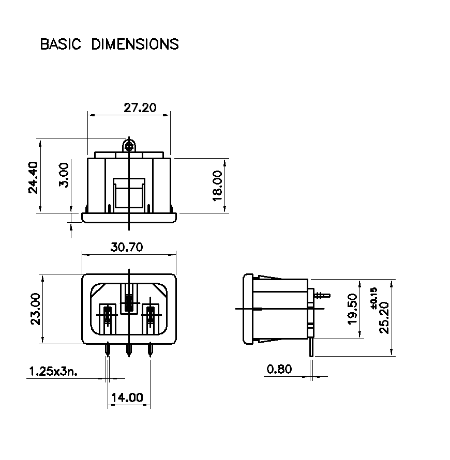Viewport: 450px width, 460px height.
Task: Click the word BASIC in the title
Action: point(61,44)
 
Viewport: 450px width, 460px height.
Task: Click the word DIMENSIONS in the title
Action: point(135,44)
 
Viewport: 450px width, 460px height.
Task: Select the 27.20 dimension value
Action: point(140,108)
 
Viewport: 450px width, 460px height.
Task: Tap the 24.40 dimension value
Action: point(33,177)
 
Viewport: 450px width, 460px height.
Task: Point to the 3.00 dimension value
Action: point(64,175)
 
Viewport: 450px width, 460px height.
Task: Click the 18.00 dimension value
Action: point(218,186)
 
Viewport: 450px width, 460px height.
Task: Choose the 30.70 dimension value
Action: point(127,247)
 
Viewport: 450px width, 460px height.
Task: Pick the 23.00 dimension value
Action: point(36,309)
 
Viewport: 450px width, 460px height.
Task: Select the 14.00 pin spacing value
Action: point(127,398)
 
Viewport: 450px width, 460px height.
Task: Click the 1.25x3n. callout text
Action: point(53,372)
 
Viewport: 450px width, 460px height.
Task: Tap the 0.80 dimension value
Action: point(279,369)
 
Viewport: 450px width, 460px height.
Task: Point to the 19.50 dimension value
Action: point(353,309)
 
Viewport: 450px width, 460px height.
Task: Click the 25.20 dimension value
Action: point(384,318)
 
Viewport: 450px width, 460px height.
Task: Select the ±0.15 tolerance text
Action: point(373,298)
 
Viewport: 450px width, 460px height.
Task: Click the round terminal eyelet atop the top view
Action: point(129,146)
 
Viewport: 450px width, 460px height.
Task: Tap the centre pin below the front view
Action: point(129,350)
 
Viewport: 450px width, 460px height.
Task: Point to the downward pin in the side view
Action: point(311,347)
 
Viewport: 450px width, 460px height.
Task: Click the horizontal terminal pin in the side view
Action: point(322,295)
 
